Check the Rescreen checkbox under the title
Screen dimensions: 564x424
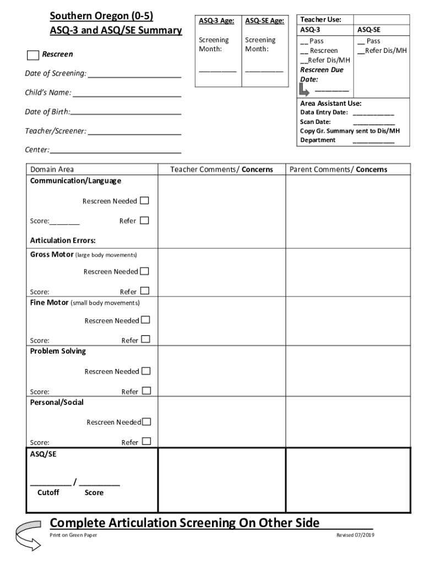click(x=33, y=55)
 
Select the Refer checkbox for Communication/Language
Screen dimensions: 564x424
click(x=144, y=220)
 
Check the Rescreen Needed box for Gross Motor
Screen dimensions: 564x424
click(x=144, y=271)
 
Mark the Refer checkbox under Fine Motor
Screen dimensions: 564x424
click(x=145, y=340)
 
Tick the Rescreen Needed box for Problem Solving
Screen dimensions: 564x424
click(x=145, y=371)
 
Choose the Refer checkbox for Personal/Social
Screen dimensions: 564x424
click(x=146, y=442)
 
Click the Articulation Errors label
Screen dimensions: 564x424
click(x=63, y=240)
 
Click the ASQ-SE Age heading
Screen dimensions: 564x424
click(x=264, y=21)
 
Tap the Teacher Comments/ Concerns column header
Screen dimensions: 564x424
click(x=221, y=170)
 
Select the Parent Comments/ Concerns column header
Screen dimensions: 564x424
click(x=338, y=170)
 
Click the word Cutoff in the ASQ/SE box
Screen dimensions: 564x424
click(x=48, y=492)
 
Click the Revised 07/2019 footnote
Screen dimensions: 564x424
click(x=355, y=535)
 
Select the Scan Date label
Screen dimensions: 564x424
click(x=315, y=122)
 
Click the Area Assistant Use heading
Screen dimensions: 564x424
click(x=330, y=104)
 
